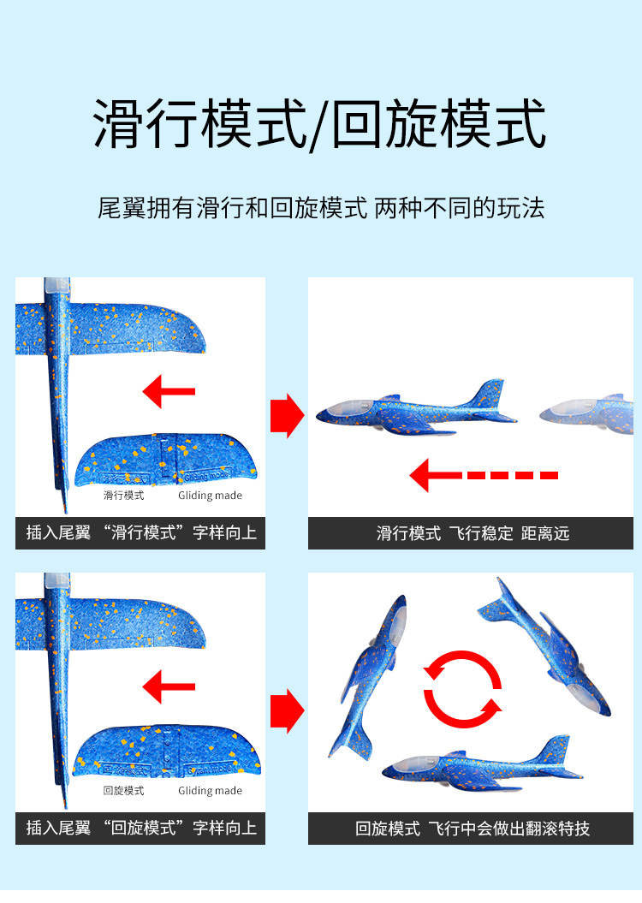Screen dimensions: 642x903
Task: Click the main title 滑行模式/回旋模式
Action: point(319,124)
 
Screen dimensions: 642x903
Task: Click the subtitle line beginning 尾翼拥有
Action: point(321,208)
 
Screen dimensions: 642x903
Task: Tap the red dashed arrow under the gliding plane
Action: point(484,476)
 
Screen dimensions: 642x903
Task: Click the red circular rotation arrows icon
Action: point(462,689)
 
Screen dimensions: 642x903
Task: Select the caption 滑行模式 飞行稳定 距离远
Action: point(473,533)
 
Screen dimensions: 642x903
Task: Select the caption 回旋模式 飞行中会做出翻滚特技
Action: point(473,829)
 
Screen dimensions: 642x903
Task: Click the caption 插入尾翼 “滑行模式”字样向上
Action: point(141,532)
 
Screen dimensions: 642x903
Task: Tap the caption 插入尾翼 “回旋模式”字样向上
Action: point(141,829)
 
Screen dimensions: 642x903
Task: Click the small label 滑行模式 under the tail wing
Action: point(124,496)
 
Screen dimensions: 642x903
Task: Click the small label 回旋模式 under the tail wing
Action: point(124,791)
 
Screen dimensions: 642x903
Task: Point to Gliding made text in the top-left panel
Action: point(211,496)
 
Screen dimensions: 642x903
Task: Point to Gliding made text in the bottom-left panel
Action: point(211,791)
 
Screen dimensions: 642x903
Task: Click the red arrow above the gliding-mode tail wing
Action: point(169,392)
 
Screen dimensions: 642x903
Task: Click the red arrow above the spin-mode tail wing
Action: point(169,686)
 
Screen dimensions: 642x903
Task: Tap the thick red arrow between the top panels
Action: point(287,415)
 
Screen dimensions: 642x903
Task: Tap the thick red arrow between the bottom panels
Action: point(287,710)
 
